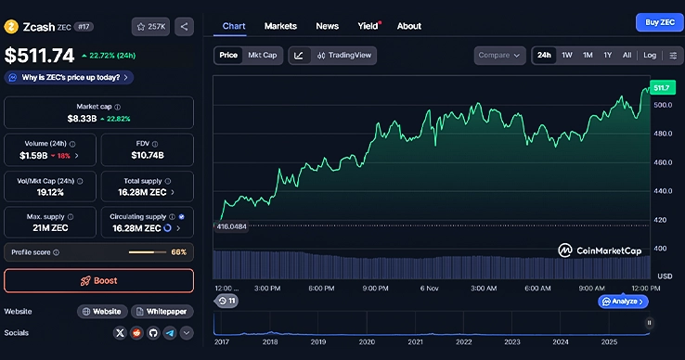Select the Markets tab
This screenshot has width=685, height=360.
click(x=280, y=26)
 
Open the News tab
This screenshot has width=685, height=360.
click(x=327, y=26)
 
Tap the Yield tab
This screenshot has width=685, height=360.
click(x=368, y=26)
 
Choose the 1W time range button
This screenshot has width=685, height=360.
click(x=566, y=56)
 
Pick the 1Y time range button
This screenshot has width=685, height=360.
click(x=607, y=56)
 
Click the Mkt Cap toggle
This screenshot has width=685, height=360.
click(x=262, y=56)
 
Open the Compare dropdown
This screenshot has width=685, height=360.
click(x=498, y=56)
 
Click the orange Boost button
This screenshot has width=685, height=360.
click(x=98, y=280)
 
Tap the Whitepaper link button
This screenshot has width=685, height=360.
click(x=162, y=312)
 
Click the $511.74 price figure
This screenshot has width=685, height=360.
click(x=38, y=56)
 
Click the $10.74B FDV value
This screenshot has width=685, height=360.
click(x=147, y=155)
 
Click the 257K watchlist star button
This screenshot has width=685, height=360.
click(x=150, y=27)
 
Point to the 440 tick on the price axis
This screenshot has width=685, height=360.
click(x=663, y=191)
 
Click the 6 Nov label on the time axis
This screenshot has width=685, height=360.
click(x=428, y=289)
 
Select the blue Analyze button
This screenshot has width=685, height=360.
click(x=623, y=302)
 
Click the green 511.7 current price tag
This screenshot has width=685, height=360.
click(x=662, y=87)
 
